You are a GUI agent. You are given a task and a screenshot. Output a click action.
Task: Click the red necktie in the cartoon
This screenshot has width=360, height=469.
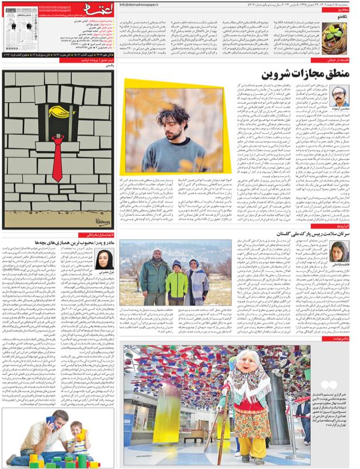tap(56, 155)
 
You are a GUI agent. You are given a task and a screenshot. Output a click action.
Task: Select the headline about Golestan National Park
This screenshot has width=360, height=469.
tap(281, 234)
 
